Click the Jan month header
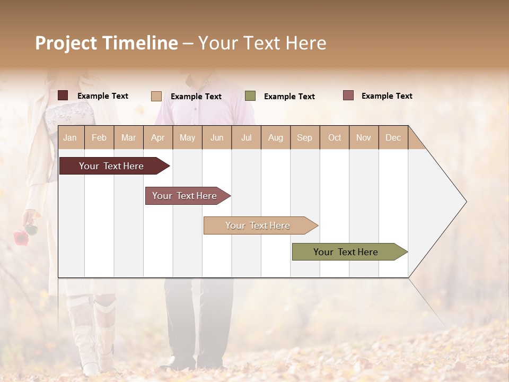[x=70, y=137]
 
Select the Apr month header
[x=157, y=137]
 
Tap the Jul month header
[x=246, y=137]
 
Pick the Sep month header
[x=304, y=137]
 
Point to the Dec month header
[x=393, y=137]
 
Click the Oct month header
[x=335, y=137]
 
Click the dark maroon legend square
[x=63, y=95]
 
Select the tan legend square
[x=156, y=96]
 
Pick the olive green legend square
[x=250, y=96]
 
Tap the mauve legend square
[x=348, y=95]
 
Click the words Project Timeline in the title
[x=107, y=43]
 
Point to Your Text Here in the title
[x=262, y=43]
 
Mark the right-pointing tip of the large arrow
[x=465, y=202]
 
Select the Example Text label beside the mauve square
[x=387, y=96]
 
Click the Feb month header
[x=99, y=137]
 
